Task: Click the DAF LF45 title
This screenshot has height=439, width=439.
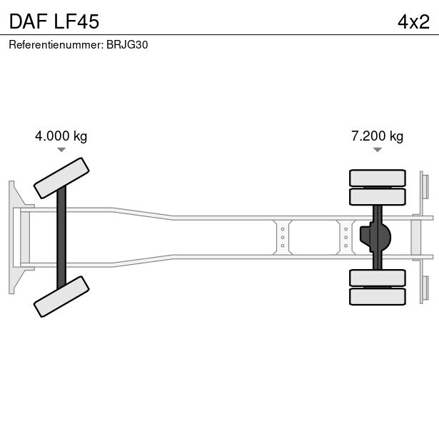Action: click(x=54, y=21)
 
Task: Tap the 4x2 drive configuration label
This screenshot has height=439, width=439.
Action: click(x=413, y=22)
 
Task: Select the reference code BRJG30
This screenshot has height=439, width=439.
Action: click(x=127, y=45)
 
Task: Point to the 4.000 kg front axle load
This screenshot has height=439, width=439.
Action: click(x=61, y=136)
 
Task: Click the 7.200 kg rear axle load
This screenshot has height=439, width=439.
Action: click(x=378, y=136)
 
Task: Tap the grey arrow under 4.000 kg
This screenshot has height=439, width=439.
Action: click(x=61, y=150)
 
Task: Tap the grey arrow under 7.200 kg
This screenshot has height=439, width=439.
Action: click(x=378, y=150)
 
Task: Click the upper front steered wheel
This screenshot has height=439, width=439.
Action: click(x=61, y=178)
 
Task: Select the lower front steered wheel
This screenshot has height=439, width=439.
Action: click(x=61, y=296)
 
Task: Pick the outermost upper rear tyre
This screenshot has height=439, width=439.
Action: click(x=378, y=178)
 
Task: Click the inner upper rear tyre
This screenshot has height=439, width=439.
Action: click(x=378, y=196)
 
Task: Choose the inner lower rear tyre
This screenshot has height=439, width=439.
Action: click(x=378, y=278)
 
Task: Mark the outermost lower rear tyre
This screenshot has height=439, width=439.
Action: click(x=378, y=296)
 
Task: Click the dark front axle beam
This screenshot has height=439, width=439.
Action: click(x=61, y=238)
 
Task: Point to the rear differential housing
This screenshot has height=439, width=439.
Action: click(x=375, y=237)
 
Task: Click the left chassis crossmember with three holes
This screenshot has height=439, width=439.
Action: click(x=283, y=238)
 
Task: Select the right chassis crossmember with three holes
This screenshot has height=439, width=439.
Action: click(x=346, y=238)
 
